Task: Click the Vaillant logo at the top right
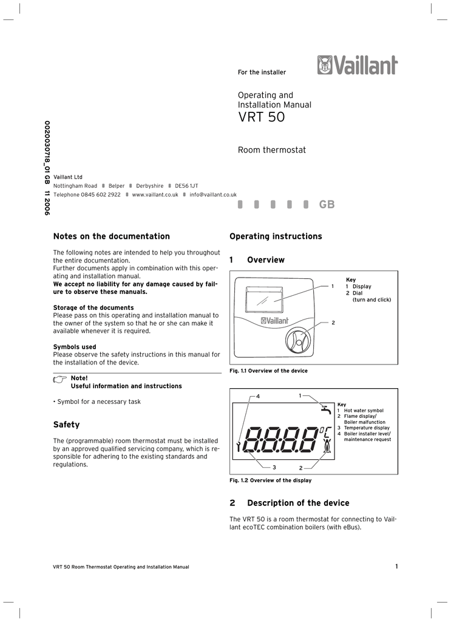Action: (357, 65)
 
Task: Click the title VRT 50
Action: (261, 117)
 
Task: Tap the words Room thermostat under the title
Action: (271, 150)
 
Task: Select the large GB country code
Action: (327, 205)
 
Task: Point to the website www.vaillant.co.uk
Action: (155, 194)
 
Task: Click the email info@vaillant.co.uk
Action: (213, 194)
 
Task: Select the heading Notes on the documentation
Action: (112, 236)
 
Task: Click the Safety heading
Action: (66, 425)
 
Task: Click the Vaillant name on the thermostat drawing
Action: (279, 321)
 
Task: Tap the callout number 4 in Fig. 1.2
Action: (257, 397)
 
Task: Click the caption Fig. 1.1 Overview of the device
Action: (268, 371)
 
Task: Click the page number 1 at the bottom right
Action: (396, 567)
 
